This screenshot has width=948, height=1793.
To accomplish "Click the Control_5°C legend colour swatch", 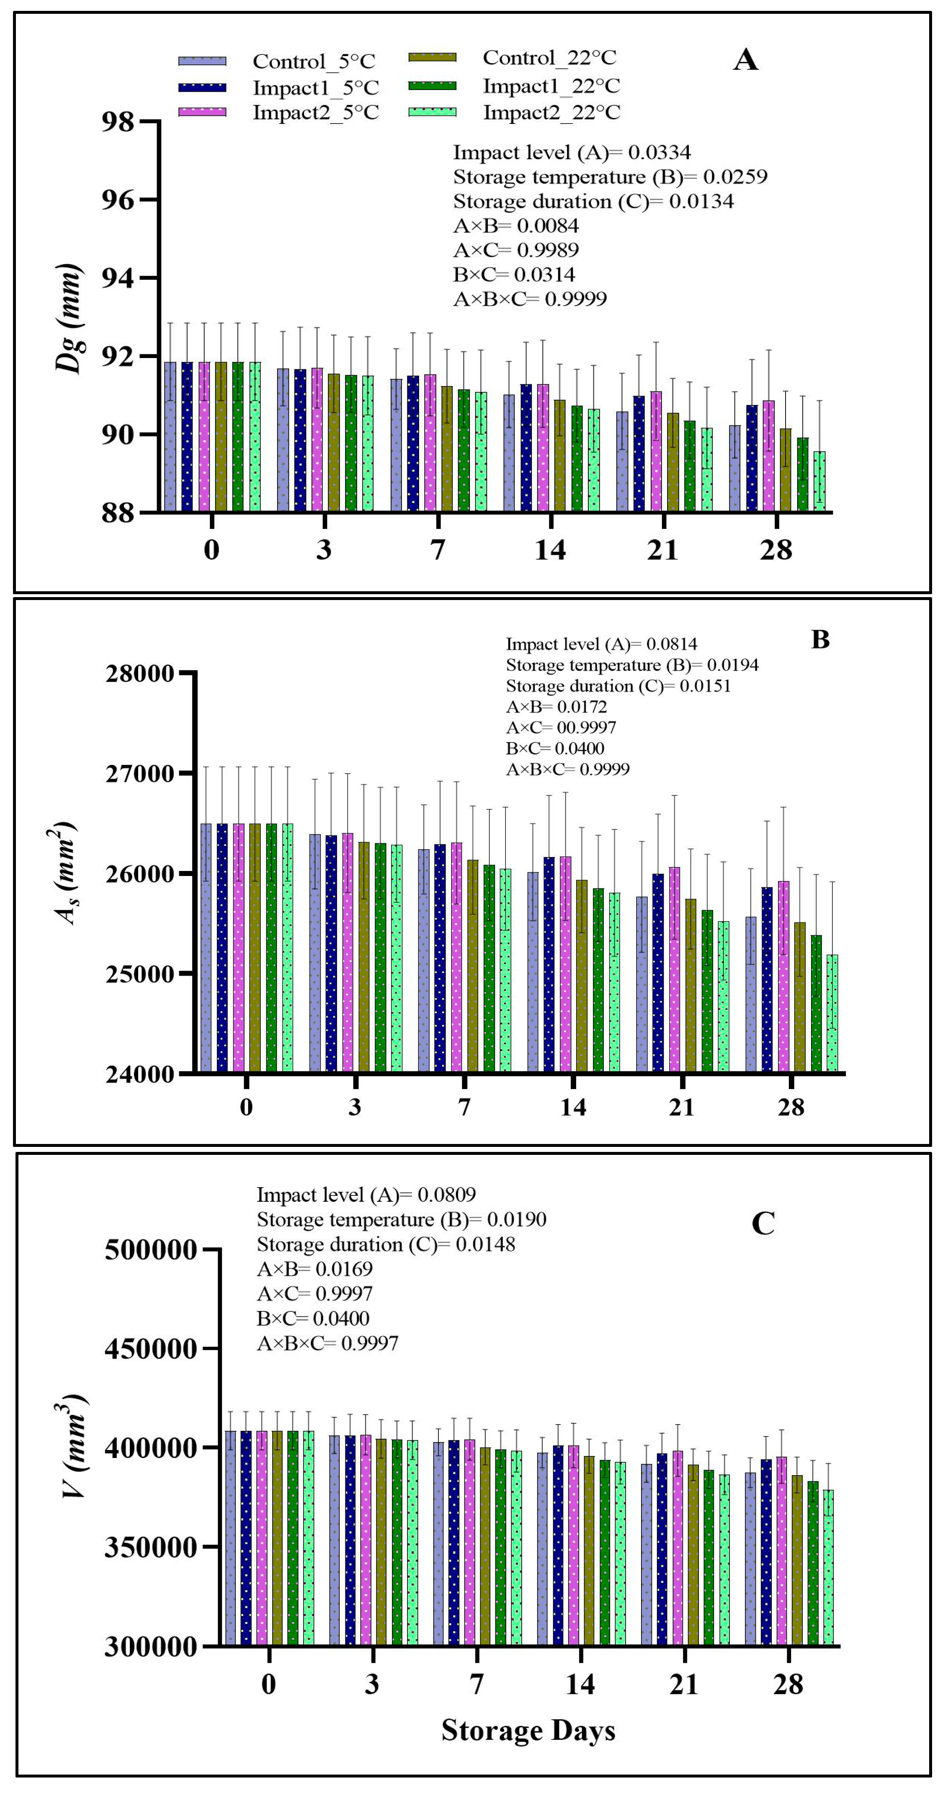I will (202, 61).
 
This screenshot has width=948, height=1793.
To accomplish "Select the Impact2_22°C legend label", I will (551, 113).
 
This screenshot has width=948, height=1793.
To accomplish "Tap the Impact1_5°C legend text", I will (315, 88).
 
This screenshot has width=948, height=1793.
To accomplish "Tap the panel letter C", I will (763, 1224).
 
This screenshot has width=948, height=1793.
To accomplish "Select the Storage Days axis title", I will (528, 1730).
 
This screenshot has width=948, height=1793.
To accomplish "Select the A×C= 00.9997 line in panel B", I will (561, 727).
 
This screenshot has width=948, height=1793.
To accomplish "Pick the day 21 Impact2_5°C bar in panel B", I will (675, 968).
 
